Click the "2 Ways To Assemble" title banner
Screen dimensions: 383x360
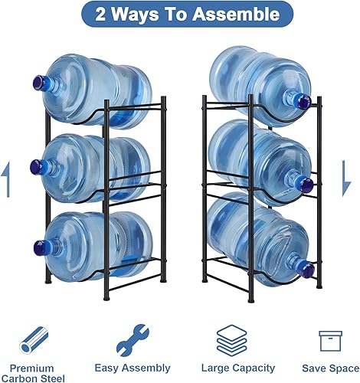pyautogui.click(x=179, y=15)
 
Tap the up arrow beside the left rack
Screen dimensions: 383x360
pyautogui.click(x=8, y=180)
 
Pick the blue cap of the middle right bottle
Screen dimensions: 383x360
pyautogui.click(x=304, y=183)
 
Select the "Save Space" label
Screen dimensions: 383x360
pyautogui.click(x=329, y=368)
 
